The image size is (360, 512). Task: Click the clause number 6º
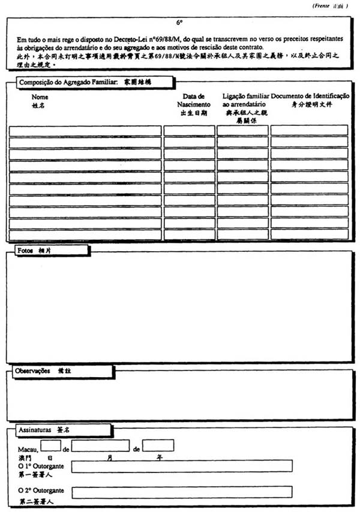tap(179, 23)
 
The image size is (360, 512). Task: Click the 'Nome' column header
tap(40, 97)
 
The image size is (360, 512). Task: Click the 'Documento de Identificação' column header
tap(310, 96)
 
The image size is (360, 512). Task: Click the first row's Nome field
tap(85, 131)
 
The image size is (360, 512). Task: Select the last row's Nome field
tap(85, 234)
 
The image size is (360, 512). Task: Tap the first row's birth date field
tap(189, 131)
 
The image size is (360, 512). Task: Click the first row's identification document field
tap(309, 131)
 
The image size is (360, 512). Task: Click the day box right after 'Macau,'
tap(51, 445)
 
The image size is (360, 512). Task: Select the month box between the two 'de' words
tap(100, 445)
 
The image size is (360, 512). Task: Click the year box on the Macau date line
tap(158, 445)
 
